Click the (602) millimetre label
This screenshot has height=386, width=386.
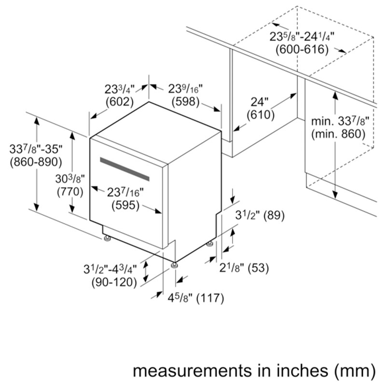pos(119,102)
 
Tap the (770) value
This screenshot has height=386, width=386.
pos(70,192)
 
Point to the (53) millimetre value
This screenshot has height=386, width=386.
pos(258,268)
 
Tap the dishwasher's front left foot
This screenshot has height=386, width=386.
pos(107,238)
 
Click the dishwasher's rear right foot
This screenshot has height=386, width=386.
pos(209,244)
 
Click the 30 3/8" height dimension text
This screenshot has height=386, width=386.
pos(70,179)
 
